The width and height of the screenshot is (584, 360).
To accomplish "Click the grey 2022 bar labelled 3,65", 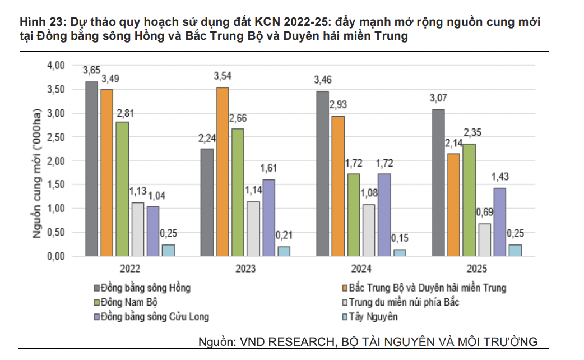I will (91, 169).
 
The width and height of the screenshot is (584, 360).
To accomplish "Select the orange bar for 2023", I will (223, 172).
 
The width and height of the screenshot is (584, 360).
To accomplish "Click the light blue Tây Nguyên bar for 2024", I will (399, 252).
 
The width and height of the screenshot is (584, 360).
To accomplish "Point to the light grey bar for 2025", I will (484, 239).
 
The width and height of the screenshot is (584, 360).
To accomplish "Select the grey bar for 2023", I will (207, 202).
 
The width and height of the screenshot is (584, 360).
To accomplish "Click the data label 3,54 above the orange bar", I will (223, 76).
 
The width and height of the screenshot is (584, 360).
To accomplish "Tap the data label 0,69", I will (484, 213).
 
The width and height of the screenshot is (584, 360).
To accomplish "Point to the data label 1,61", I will (268, 168).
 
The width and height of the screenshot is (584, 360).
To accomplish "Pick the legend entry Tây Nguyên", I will (373, 317).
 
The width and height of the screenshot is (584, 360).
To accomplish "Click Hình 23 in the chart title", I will (40, 23).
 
